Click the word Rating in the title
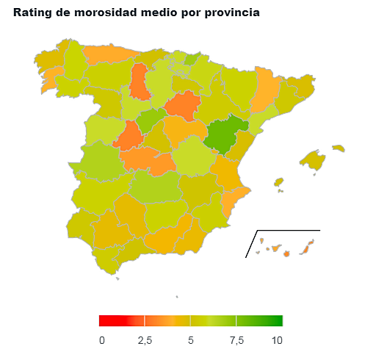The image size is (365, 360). click(x=32, y=12)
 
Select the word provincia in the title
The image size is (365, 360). click(x=232, y=12)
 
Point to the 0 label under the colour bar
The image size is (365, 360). click(x=102, y=340)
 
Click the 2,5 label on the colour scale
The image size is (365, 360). click(x=145, y=340)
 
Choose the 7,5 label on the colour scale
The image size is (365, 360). click(x=236, y=340)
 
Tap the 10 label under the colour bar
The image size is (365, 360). click(x=277, y=340)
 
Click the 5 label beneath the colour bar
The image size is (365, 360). click(x=191, y=340)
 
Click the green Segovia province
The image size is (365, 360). click(x=150, y=120)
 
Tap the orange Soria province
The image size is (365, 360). click(x=183, y=105)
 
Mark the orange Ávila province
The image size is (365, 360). click(x=129, y=136)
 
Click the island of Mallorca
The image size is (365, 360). click(x=313, y=159)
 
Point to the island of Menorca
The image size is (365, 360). click(x=339, y=148)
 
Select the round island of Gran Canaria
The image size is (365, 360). click(x=286, y=253)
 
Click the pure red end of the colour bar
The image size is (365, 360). click(x=112, y=320)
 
